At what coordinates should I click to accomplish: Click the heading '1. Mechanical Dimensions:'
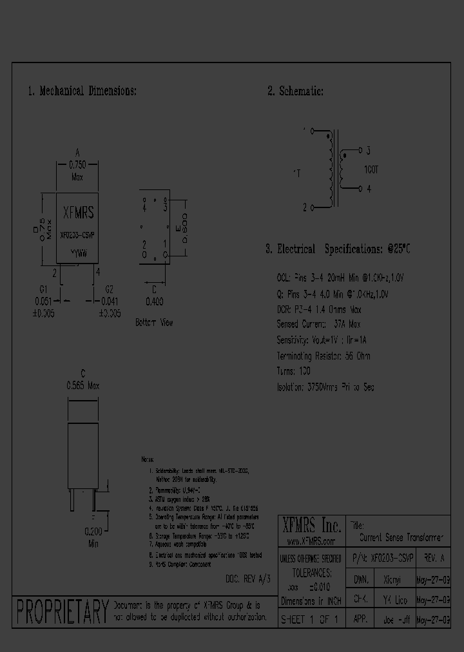coord(82,91)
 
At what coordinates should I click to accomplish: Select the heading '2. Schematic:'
coord(295,91)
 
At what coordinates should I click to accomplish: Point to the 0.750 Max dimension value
coord(77,170)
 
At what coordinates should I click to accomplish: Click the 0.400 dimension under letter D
coord(153,301)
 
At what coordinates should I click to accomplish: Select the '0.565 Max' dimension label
coord(83,385)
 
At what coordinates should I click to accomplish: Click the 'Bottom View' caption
coord(154,322)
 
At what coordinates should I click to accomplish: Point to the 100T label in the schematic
coord(372,171)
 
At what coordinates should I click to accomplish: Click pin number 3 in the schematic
coord(368,151)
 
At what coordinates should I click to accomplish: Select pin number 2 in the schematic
coord(305,207)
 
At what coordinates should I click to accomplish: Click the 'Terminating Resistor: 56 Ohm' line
coord(323,356)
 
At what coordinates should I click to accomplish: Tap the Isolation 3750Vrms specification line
coord(325,387)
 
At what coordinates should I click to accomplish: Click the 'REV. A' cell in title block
coord(434,557)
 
